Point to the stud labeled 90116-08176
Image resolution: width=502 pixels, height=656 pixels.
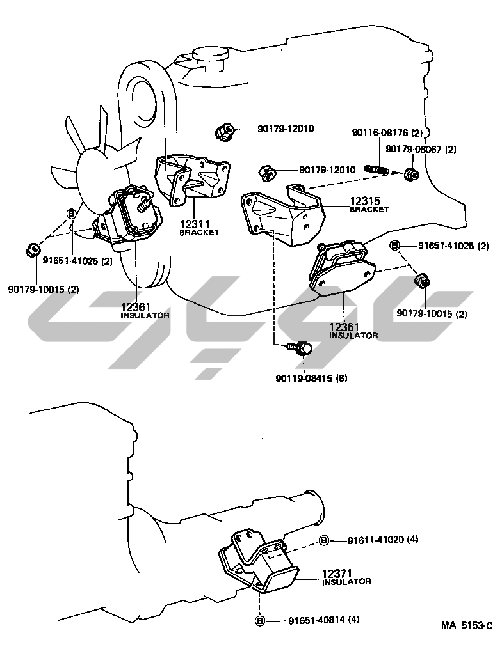(x=377, y=169)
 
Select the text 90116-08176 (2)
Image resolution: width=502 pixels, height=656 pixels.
(x=387, y=132)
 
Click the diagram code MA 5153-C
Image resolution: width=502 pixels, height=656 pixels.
(x=466, y=626)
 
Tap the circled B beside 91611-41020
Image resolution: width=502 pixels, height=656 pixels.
(x=324, y=540)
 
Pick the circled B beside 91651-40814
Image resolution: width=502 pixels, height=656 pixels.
(x=260, y=620)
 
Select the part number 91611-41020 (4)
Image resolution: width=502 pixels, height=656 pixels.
(x=376, y=540)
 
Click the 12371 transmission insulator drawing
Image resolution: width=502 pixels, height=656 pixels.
(x=259, y=562)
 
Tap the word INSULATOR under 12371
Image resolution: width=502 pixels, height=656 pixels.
(x=346, y=582)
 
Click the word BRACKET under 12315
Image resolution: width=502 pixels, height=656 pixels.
(x=369, y=209)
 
